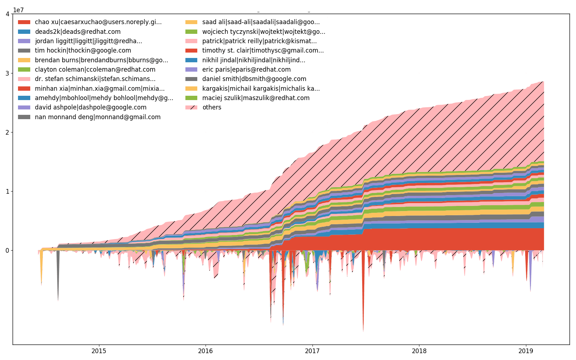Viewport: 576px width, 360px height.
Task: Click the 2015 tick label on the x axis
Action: (x=99, y=351)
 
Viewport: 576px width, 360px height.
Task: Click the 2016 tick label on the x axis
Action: (x=206, y=351)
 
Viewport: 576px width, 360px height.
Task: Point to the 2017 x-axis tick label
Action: (x=312, y=351)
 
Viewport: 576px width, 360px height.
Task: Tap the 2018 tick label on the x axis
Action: (x=419, y=351)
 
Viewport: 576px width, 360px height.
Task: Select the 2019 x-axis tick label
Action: (x=526, y=351)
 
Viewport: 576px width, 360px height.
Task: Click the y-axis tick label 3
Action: (x=8, y=73)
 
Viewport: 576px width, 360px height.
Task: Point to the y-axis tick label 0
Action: (x=8, y=251)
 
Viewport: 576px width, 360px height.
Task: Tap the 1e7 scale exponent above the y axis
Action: (x=18, y=10)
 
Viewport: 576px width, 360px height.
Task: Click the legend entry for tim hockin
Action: (x=83, y=50)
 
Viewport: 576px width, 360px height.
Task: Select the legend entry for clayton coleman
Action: (x=95, y=69)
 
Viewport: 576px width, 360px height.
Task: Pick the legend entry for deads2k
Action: (x=78, y=32)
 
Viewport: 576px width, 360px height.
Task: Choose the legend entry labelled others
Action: (x=212, y=107)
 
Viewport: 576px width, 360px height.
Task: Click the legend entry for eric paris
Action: (x=246, y=69)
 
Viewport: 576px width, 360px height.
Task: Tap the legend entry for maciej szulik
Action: (x=256, y=98)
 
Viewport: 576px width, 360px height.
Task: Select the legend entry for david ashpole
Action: (x=91, y=107)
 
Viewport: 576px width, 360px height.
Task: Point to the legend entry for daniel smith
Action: (x=254, y=79)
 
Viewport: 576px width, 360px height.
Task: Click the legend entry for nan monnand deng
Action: (x=98, y=117)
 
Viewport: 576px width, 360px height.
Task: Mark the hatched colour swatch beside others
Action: (x=191, y=107)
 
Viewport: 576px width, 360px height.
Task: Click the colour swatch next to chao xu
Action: (x=24, y=22)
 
